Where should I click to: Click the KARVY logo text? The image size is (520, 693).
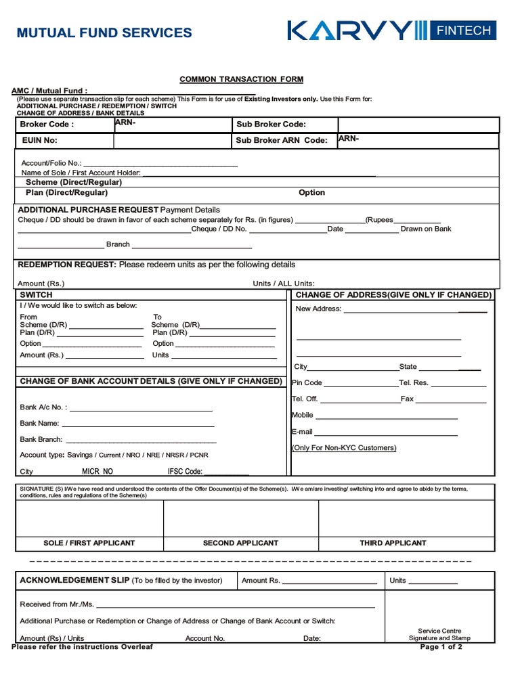click(x=349, y=30)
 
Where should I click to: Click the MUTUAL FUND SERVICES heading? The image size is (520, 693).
click(x=104, y=32)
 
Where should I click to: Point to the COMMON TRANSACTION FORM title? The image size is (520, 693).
click(x=241, y=79)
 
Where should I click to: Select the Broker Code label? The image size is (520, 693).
click(x=46, y=125)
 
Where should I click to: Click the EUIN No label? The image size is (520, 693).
click(x=39, y=141)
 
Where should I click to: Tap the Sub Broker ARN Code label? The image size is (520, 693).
click(x=281, y=141)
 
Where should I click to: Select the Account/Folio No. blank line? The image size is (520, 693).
click(x=160, y=163)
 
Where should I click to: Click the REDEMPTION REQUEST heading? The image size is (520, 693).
click(x=67, y=265)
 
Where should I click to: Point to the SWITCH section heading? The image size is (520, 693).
click(x=36, y=295)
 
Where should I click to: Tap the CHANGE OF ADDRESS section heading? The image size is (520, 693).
click(x=393, y=295)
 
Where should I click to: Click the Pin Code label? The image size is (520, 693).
click(x=307, y=383)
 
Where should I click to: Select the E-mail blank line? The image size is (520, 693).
click(x=386, y=432)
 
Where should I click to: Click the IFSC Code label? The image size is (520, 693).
click(x=185, y=472)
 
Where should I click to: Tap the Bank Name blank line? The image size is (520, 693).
click(x=138, y=424)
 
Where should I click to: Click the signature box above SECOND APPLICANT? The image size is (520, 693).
click(x=240, y=518)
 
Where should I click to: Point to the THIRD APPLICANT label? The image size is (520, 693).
click(x=393, y=543)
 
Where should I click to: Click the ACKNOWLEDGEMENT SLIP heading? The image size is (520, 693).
click(x=64, y=580)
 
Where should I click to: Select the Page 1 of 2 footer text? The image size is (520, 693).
click(x=441, y=647)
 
